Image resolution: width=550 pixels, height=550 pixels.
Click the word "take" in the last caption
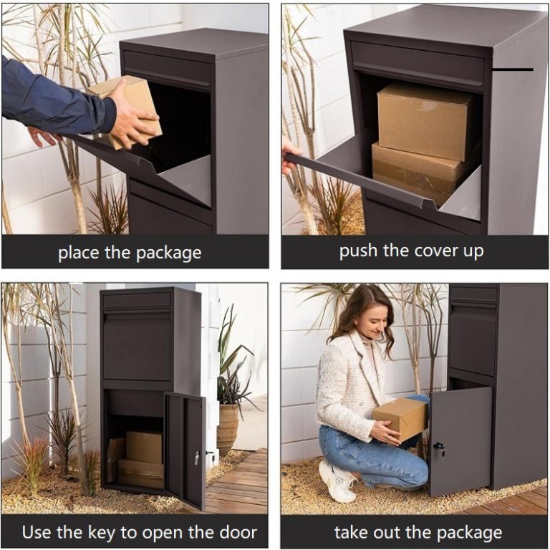tap(351, 532)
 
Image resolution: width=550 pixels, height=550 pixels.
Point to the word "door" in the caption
tap(238, 533)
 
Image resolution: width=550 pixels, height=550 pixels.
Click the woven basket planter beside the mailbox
tap(228, 430)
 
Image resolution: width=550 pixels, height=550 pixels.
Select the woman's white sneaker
tap(337, 481)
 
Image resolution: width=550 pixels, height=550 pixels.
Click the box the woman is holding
tap(400, 419)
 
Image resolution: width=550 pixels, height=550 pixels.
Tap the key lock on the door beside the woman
tap(440, 448)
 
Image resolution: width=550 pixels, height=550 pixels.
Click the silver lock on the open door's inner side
tap(197, 458)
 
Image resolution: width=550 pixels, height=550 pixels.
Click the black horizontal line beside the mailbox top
tap(513, 69)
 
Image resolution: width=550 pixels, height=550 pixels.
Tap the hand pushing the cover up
tap(291, 155)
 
